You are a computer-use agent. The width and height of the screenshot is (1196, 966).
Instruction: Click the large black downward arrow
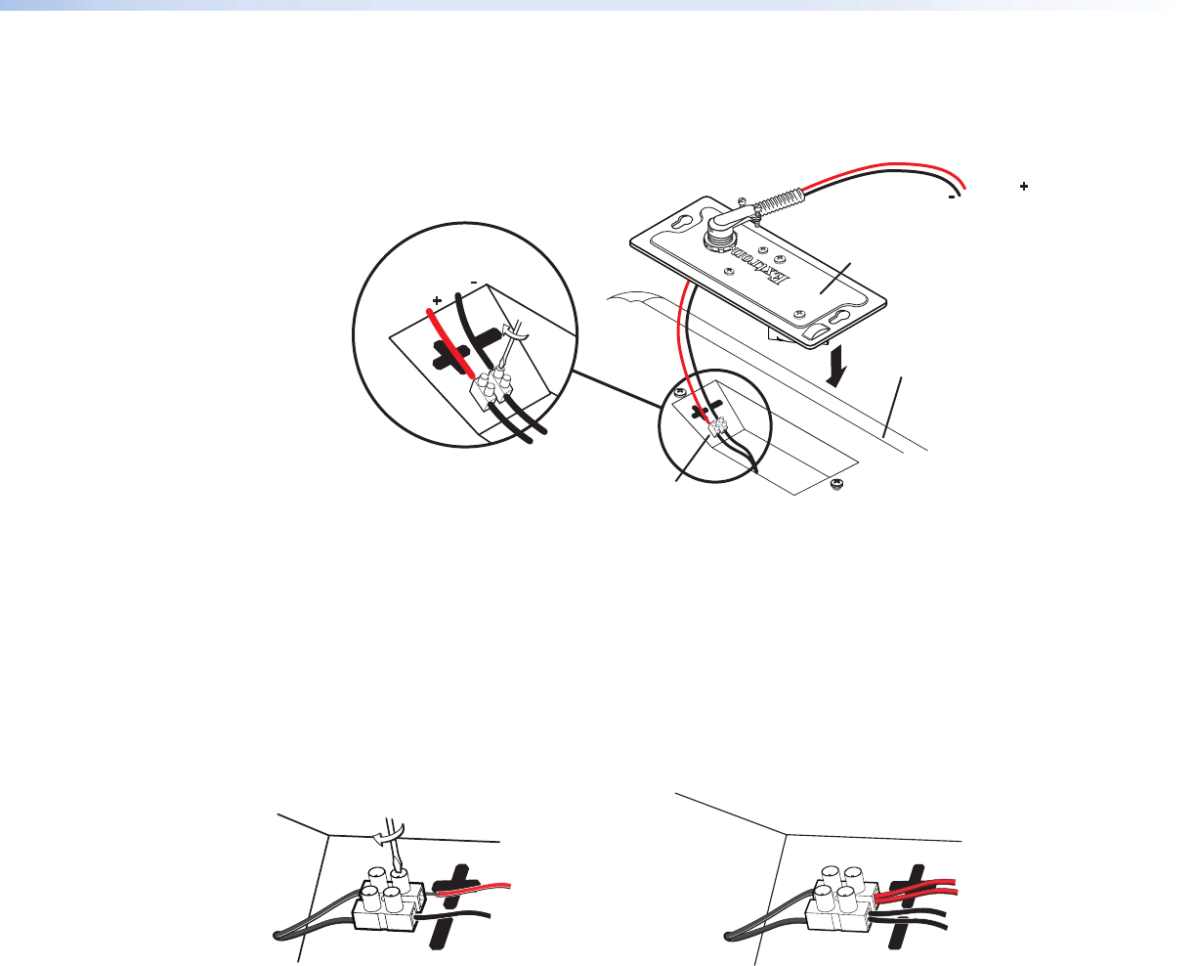(x=836, y=366)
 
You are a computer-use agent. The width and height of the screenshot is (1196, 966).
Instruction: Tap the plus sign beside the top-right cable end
(x=1024, y=186)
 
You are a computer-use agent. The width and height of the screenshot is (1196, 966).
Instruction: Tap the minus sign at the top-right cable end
(x=951, y=198)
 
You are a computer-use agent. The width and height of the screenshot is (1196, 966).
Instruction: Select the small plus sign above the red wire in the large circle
(x=437, y=301)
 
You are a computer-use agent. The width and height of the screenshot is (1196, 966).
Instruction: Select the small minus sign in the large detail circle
(x=474, y=283)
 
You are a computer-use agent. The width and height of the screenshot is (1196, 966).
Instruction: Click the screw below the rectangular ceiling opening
(x=837, y=483)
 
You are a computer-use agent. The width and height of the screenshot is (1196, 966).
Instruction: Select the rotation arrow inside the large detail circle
(x=516, y=332)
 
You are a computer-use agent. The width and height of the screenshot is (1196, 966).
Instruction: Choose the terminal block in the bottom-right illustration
(x=841, y=900)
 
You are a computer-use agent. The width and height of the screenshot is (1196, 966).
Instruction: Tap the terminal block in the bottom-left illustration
(x=389, y=900)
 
